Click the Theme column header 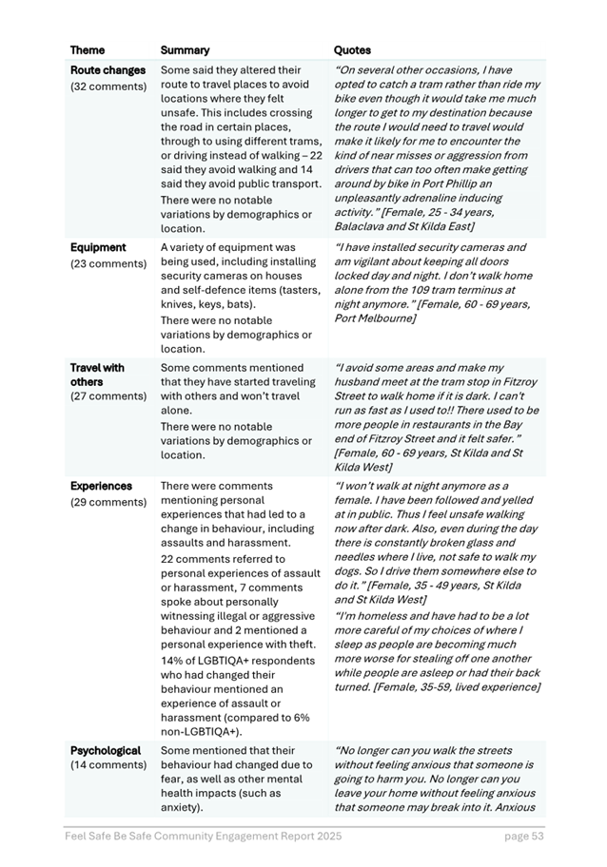click(88, 50)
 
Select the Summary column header click(185, 50)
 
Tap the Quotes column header click(352, 50)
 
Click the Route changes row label click(108, 70)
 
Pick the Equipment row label click(98, 247)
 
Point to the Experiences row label click(101, 486)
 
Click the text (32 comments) click(108, 87)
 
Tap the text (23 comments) click(108, 263)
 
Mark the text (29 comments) click(108, 502)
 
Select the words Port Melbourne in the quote click(375, 318)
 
